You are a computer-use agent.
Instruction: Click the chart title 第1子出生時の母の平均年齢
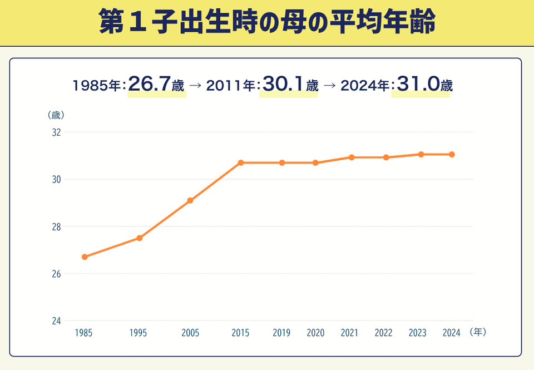point(267,22)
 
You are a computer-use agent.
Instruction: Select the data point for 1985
point(85,257)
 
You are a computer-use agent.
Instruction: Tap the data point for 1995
point(140,238)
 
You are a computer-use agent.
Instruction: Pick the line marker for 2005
point(190,200)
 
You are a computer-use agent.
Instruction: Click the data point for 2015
point(241,163)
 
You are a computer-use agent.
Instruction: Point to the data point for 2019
point(282,163)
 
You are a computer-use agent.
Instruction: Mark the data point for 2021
point(352,157)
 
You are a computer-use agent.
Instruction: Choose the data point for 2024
point(452,154)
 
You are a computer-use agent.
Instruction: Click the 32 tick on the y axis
point(56,132)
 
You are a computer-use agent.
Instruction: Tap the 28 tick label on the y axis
point(56,227)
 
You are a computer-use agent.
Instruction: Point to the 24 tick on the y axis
point(56,321)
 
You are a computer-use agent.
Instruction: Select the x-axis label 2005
point(190,333)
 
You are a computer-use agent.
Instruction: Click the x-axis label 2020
point(315,333)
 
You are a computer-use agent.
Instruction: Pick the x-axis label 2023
point(417,333)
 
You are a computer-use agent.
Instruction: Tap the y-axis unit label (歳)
point(56,115)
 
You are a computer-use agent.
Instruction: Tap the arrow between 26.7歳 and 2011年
point(195,86)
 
